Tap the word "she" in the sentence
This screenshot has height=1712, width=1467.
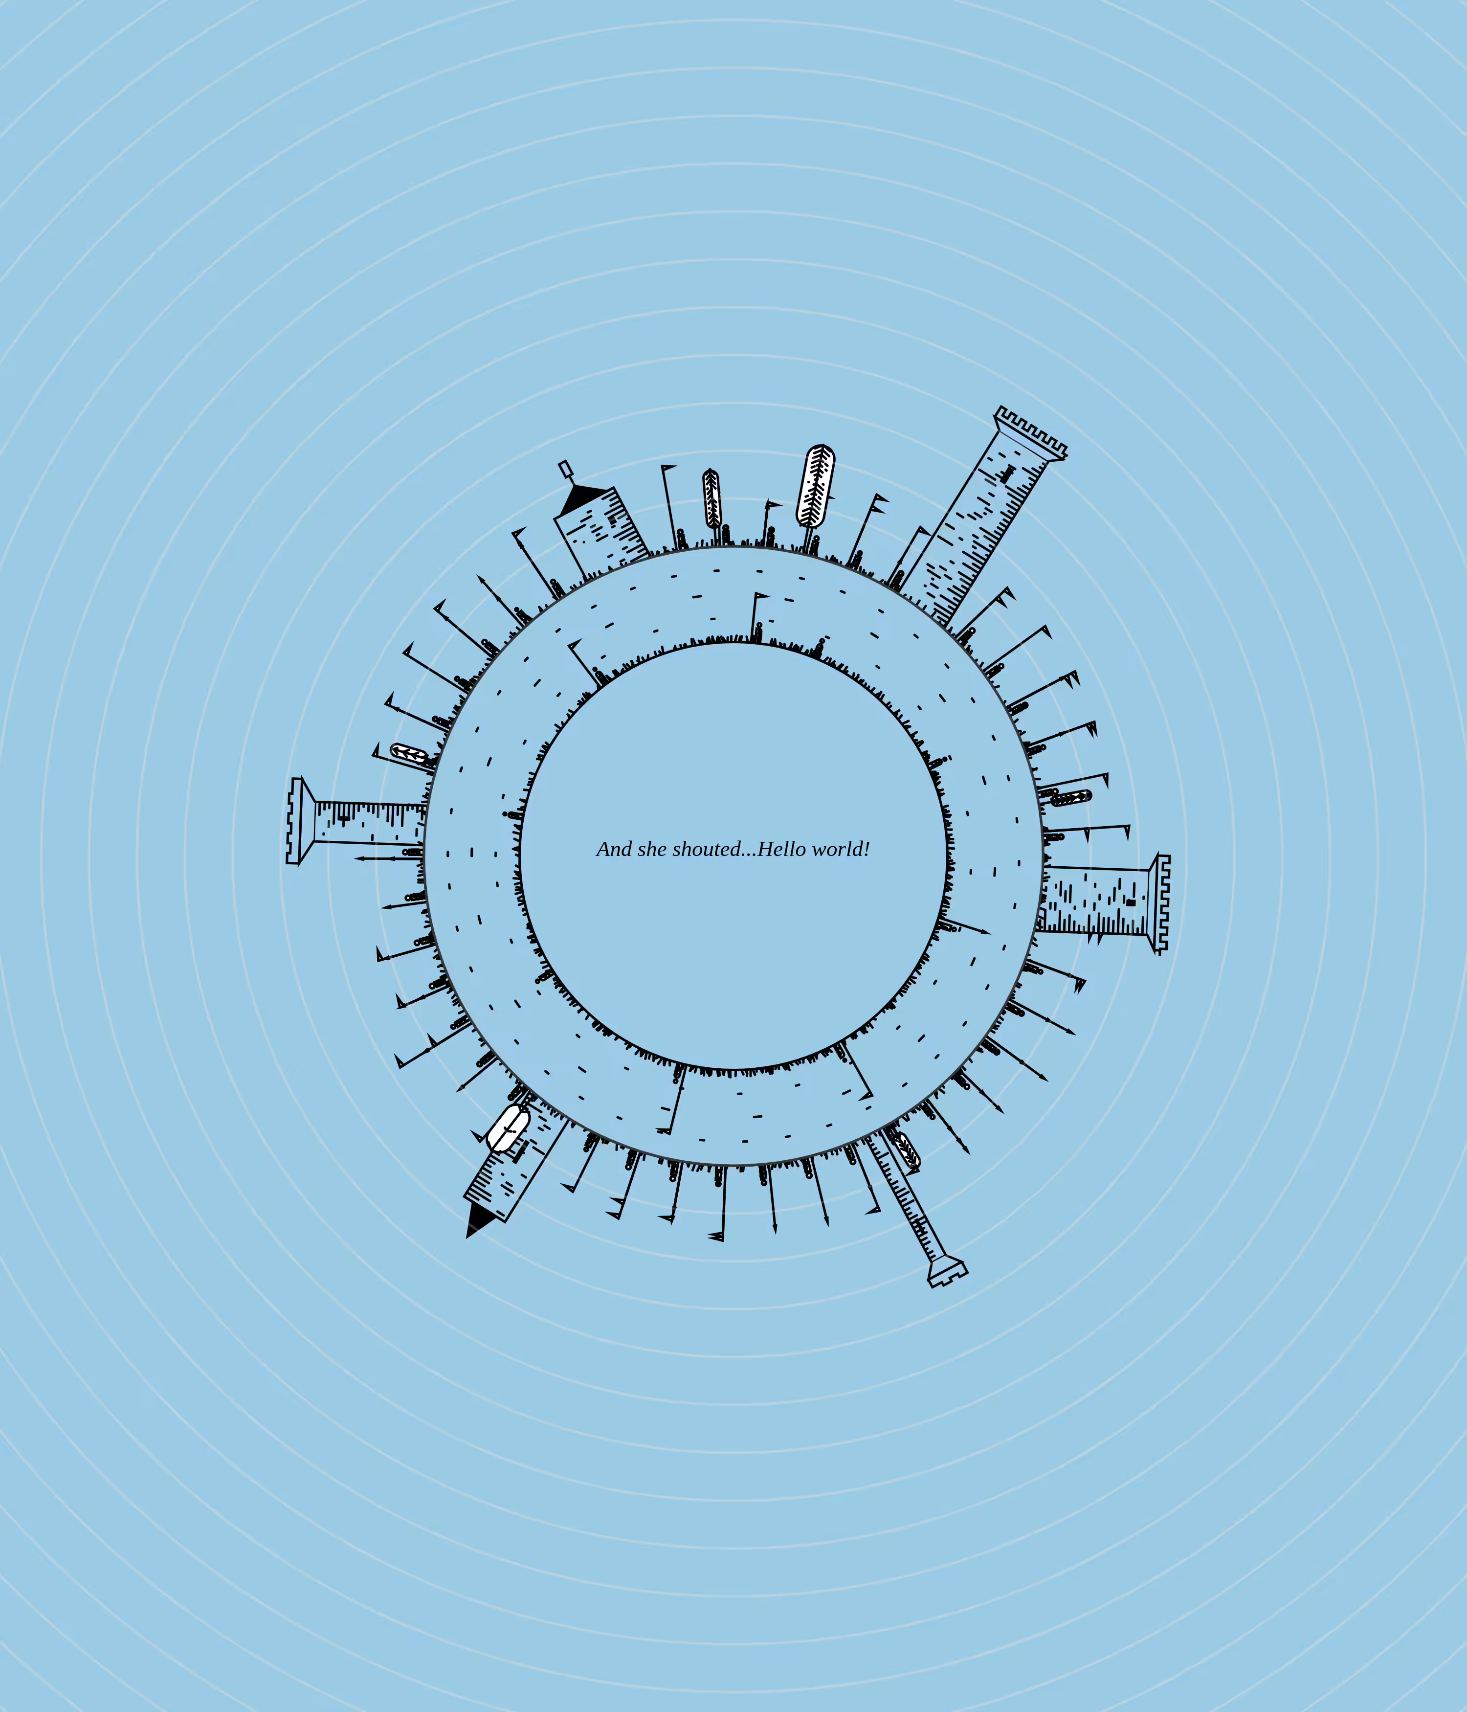(x=652, y=849)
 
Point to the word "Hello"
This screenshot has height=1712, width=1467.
(x=781, y=849)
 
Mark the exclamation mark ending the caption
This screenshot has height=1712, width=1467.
(x=866, y=849)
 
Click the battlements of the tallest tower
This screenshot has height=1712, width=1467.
(x=1031, y=432)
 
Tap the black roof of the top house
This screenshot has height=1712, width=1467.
(x=585, y=498)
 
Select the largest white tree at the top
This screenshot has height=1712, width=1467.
(x=815, y=486)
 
